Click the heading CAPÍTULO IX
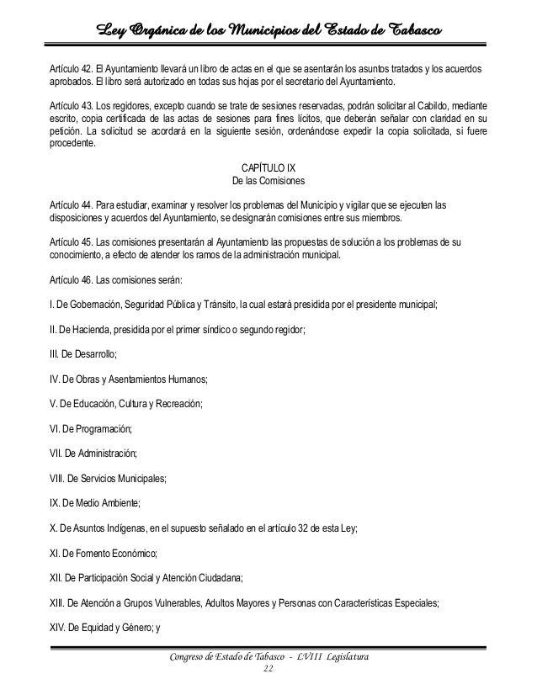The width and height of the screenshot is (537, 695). pos(268,165)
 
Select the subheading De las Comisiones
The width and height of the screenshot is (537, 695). pos(268,180)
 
